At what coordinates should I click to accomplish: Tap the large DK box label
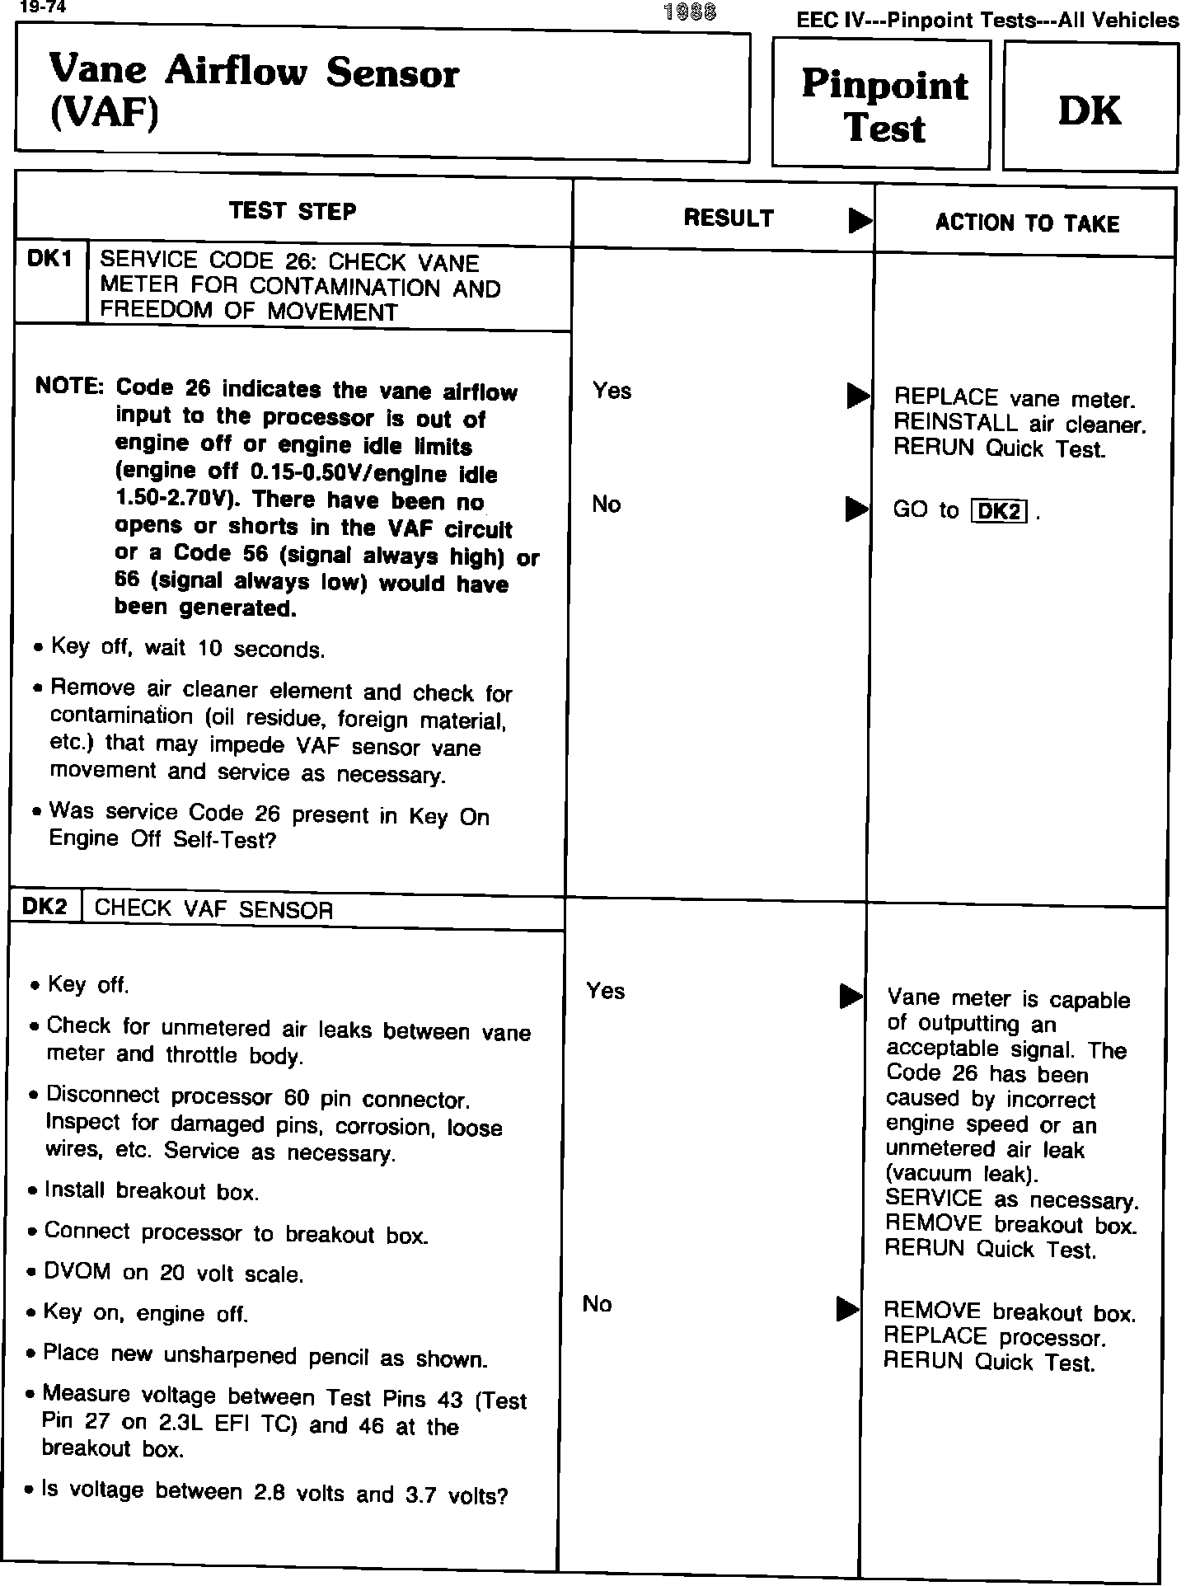(1090, 111)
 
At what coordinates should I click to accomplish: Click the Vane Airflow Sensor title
(254, 91)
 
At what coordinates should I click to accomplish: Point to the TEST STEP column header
(293, 212)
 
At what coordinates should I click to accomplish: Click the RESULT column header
(729, 218)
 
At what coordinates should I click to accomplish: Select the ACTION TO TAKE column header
(1027, 223)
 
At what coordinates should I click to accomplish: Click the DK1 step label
(50, 260)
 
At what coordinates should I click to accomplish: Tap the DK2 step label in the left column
(45, 907)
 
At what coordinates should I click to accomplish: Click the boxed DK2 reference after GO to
(1000, 512)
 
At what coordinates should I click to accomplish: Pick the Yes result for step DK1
(612, 391)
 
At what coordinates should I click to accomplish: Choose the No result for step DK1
(607, 504)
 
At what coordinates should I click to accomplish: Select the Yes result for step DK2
(606, 991)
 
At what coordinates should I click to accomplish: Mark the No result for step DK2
(598, 1304)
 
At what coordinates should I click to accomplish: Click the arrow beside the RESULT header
(860, 220)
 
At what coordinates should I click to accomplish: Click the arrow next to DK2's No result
(848, 1309)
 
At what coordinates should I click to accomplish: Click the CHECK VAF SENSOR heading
(214, 910)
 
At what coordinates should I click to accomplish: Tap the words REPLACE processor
(994, 1337)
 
